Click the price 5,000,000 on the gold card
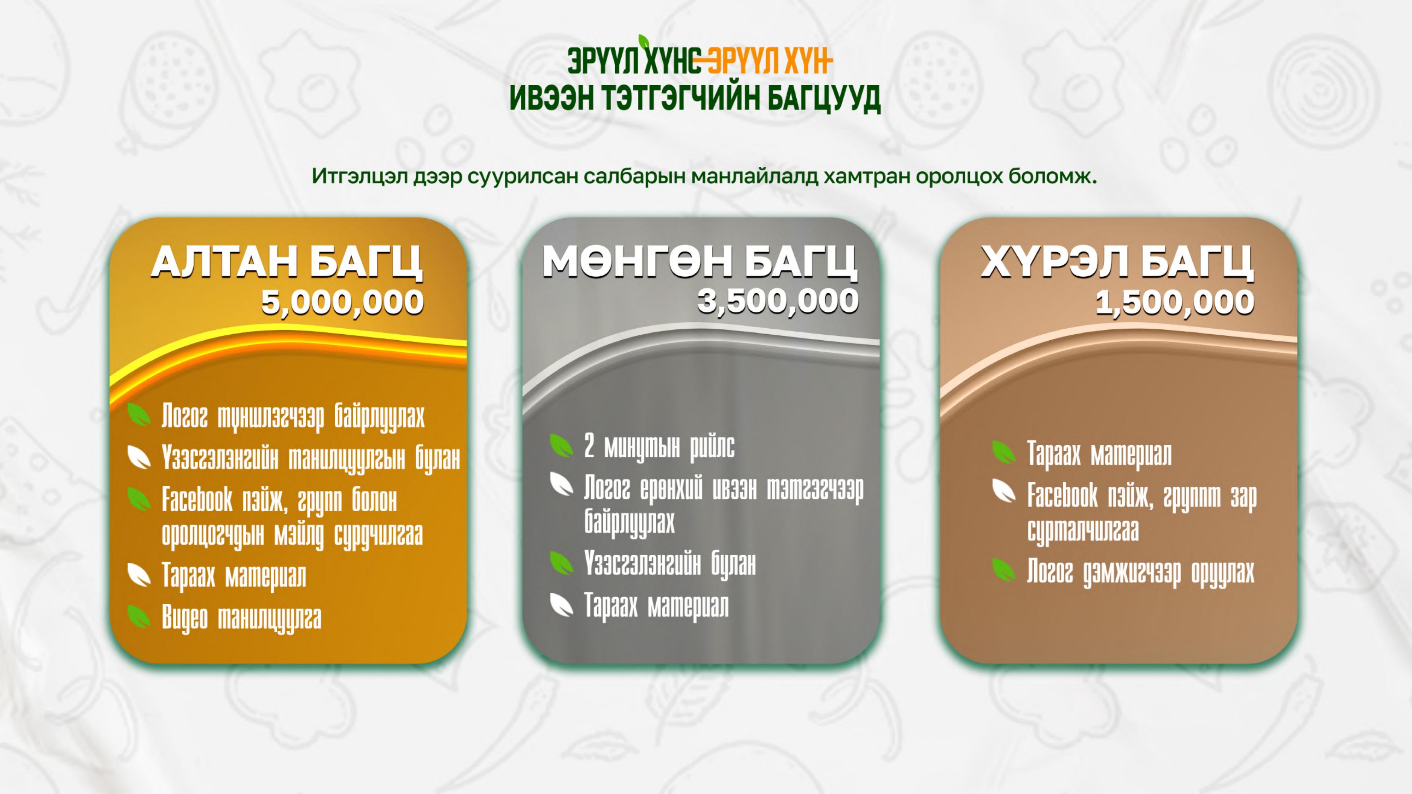coord(342,302)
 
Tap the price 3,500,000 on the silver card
coord(778,301)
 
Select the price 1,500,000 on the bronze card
coord(1175,302)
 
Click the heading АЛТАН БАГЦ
coord(287,263)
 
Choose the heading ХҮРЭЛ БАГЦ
coord(1117,263)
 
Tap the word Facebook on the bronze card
coord(1062,496)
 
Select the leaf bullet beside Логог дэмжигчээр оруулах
coord(1004,570)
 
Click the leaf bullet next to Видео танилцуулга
coord(139,616)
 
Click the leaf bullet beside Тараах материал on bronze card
coord(1004,453)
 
